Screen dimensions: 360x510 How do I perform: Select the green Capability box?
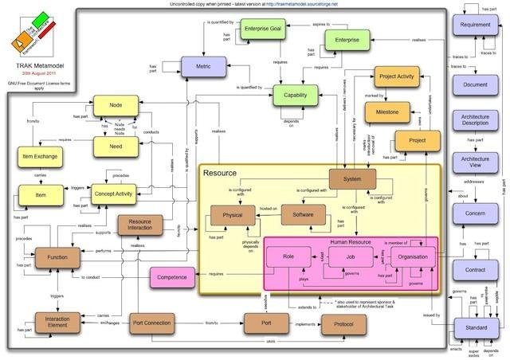296,95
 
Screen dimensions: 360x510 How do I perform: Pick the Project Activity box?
397,78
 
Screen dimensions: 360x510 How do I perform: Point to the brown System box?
351,180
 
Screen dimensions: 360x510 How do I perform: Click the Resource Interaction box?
140,226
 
